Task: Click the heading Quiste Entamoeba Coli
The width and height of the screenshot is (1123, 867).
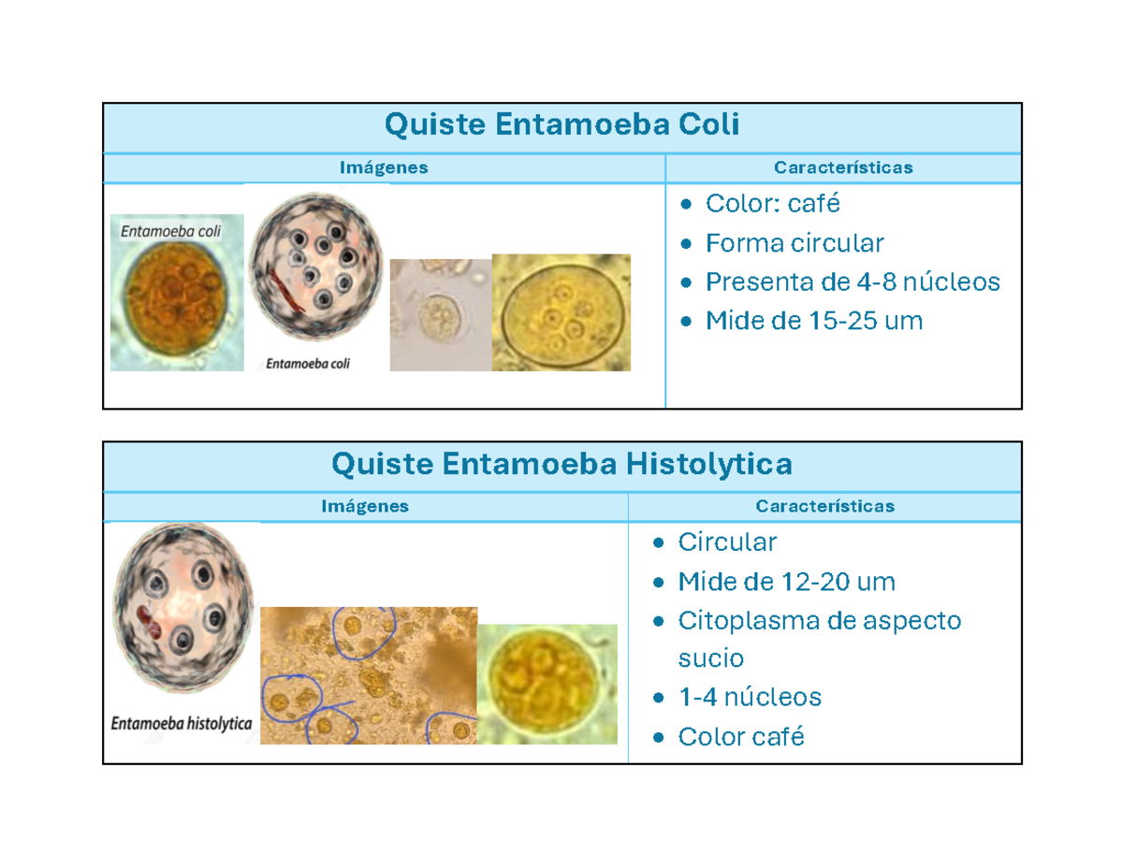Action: point(561,125)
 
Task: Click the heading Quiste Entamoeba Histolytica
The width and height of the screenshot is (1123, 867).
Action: point(561,464)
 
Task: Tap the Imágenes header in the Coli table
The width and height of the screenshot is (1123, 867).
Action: point(384,168)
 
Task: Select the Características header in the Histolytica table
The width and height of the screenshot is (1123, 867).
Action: point(824,507)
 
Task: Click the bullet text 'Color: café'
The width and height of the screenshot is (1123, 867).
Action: point(773,204)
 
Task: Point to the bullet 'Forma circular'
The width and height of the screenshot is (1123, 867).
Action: point(795,244)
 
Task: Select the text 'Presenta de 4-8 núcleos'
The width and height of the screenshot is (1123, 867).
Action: point(853,282)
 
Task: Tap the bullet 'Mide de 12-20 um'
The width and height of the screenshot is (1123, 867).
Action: point(786,583)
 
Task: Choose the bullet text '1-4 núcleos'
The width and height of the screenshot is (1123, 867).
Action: point(749,698)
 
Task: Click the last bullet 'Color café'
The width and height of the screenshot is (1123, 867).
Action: point(740,737)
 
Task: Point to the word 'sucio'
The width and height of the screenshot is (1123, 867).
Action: point(710,659)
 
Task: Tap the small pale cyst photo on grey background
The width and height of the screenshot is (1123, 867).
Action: point(440,314)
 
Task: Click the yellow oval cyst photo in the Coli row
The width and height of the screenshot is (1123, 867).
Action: point(561,313)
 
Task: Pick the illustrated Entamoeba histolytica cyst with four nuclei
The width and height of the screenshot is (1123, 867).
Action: point(183,612)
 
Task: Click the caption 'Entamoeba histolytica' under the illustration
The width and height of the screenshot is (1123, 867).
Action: point(182,723)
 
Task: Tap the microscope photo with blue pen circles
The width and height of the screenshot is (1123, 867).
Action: point(369,675)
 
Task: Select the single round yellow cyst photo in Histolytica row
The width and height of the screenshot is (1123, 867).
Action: point(547,683)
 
